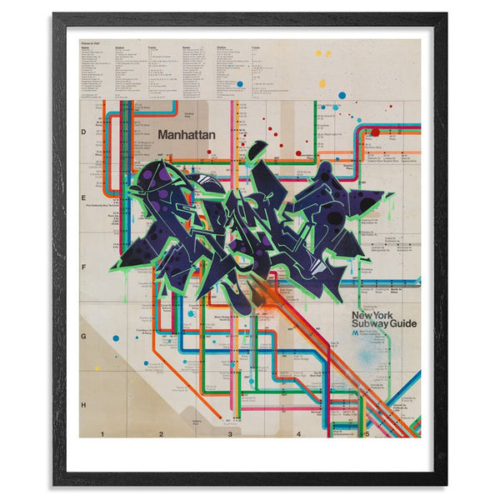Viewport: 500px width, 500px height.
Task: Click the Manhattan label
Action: [x=187, y=132]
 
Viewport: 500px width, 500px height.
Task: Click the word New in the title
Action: [x=363, y=316]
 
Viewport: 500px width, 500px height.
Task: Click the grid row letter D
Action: [x=84, y=132]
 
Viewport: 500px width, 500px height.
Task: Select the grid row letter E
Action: [x=84, y=199]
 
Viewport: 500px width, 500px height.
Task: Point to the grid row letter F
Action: [x=84, y=267]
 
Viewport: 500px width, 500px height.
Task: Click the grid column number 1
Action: [x=102, y=434]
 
